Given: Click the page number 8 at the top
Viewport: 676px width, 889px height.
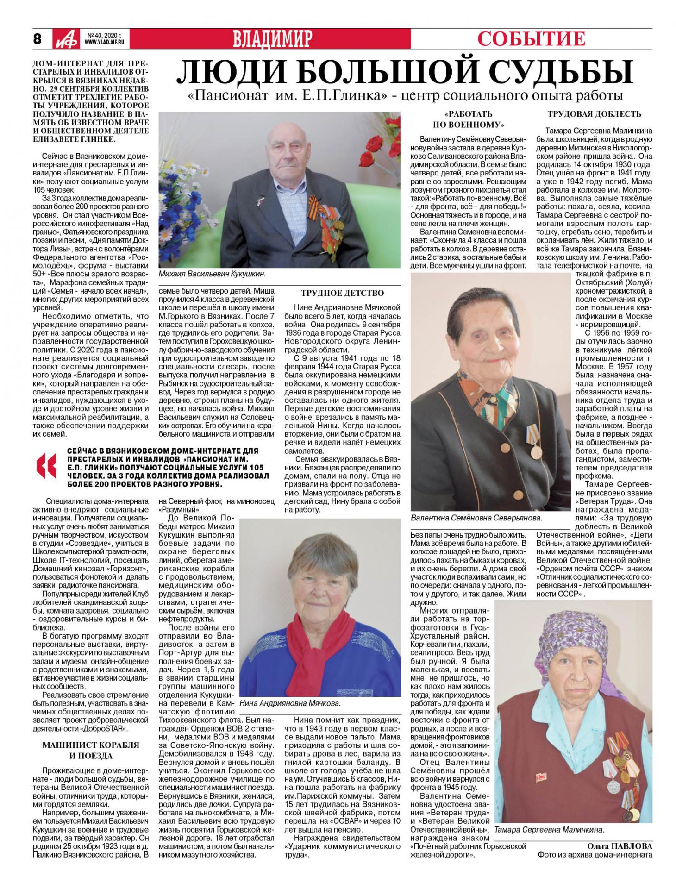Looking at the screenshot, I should click(x=38, y=38).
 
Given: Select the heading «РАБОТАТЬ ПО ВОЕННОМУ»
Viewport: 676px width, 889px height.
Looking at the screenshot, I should click(x=468, y=119).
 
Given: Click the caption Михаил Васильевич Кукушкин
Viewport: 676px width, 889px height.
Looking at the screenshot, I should click(x=212, y=274).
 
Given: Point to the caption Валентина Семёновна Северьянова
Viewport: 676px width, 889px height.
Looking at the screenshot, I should click(x=476, y=517).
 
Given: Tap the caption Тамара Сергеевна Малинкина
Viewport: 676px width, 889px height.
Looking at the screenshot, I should click(x=549, y=830).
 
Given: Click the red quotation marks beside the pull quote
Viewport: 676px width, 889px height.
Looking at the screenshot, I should click(x=49, y=467).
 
